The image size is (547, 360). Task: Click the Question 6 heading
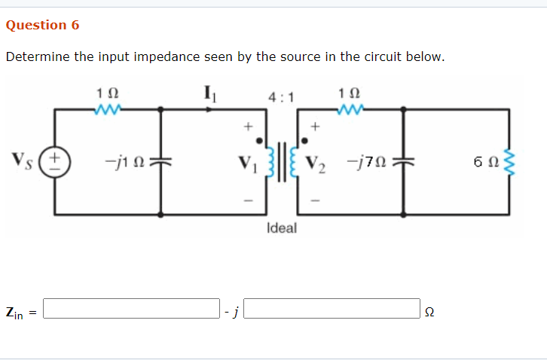point(42,25)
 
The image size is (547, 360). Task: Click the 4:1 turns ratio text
point(280,96)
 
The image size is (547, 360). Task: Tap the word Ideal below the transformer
point(282,227)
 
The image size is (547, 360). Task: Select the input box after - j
point(332,309)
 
